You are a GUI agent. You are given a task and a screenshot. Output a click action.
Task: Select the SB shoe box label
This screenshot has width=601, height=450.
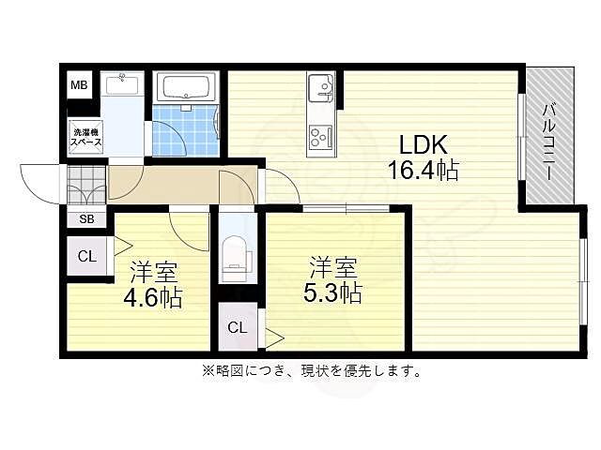(85, 220)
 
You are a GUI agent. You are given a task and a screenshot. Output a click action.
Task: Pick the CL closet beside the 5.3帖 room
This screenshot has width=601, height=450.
(238, 328)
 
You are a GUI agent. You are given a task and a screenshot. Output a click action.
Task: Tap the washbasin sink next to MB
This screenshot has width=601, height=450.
(121, 85)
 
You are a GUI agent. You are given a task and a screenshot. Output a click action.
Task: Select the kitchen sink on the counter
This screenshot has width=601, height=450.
(321, 90)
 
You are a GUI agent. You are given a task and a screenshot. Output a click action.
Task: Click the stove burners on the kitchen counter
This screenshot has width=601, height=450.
(321, 137)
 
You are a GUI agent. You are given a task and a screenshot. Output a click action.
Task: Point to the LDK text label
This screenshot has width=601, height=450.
(424, 145)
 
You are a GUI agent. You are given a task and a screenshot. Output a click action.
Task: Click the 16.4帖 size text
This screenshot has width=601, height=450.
(424, 172)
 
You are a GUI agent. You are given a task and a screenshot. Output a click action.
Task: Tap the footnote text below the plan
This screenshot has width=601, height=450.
(310, 370)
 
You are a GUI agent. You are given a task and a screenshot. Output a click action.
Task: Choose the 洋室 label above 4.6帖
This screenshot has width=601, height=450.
(154, 273)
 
